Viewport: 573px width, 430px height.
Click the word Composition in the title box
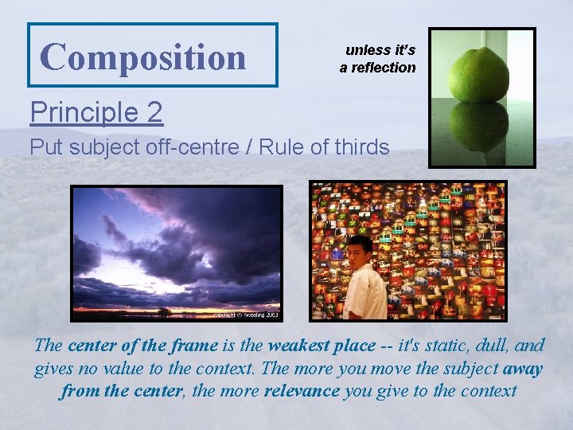tap(143, 57)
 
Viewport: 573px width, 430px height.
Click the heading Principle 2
tap(96, 112)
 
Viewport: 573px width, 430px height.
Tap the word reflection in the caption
tap(384, 68)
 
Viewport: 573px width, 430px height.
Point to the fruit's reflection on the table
tap(479, 127)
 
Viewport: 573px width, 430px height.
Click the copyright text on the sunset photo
tap(246, 315)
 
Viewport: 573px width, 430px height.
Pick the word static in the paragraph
tap(442, 346)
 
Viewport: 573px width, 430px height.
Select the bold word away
tap(523, 369)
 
